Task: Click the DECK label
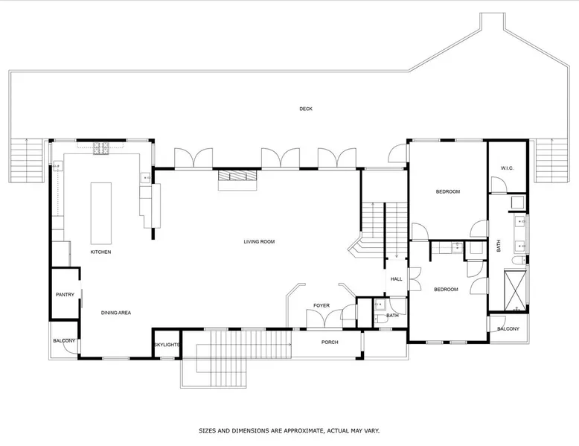tap(306, 109)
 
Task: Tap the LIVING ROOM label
tap(259, 242)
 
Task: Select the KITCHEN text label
tap(100, 252)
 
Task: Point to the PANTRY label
tap(65, 295)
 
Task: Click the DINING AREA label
tap(116, 313)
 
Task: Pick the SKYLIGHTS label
tap(167, 345)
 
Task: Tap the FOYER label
tap(322, 305)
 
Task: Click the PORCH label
tap(330, 343)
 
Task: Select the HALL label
tap(396, 279)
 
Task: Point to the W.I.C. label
tap(507, 168)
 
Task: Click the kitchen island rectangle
tap(101, 213)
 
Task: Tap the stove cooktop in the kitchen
tap(100, 149)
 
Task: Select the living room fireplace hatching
tap(237, 176)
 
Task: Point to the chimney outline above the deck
tap(492, 22)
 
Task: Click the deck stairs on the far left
tap(27, 160)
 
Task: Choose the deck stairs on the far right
tap(551, 160)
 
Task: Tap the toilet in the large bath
tap(519, 261)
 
